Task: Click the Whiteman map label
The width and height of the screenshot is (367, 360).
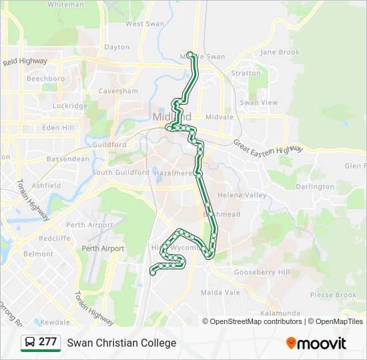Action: [x=66, y=5]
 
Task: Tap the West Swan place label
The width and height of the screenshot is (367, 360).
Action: [x=145, y=24]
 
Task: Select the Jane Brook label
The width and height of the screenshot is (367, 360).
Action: [x=280, y=52]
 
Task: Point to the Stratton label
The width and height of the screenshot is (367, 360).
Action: [x=246, y=73]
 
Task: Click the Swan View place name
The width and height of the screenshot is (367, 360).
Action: [x=259, y=103]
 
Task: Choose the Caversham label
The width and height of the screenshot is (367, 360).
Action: [x=118, y=91]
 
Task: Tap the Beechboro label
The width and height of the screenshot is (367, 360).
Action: [x=45, y=79]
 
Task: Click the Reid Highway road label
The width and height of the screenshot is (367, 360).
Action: [x=25, y=61]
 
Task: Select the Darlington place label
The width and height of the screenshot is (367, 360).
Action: [x=315, y=187]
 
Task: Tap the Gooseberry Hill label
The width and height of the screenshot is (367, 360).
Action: [x=262, y=273]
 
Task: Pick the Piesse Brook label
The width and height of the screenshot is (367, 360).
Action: [x=333, y=295]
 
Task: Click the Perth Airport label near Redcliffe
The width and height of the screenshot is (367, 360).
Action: [x=91, y=225]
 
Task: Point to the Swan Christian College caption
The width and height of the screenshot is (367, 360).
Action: [x=121, y=343]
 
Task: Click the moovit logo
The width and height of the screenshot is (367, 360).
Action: [x=316, y=343]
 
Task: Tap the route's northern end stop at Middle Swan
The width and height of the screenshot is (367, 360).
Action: [x=190, y=55]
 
